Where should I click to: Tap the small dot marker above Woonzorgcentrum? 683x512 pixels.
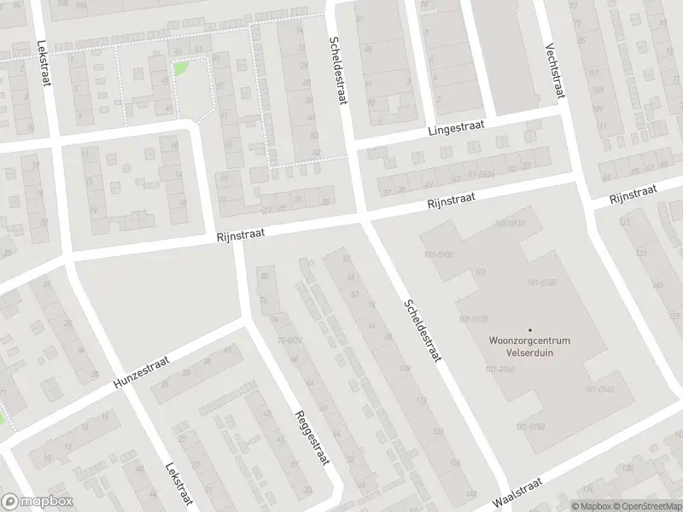point(529,330)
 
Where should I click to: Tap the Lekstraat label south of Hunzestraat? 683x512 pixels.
point(177,486)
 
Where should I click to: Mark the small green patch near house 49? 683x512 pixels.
point(180,68)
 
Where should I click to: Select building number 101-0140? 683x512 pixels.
point(600,389)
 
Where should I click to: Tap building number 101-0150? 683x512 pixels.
point(530,426)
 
